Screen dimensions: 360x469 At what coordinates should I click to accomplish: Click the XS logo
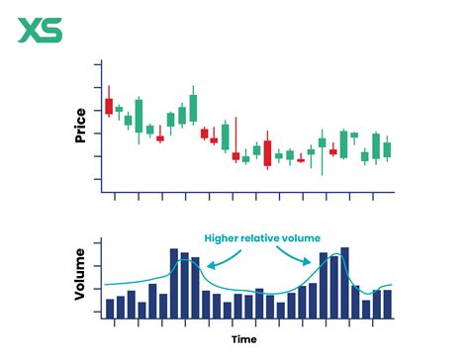click(x=39, y=31)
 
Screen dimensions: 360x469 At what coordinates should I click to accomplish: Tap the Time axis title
click(x=247, y=339)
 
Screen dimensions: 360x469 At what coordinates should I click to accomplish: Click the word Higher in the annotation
click(x=223, y=238)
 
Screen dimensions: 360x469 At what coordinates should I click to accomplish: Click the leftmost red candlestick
click(x=109, y=105)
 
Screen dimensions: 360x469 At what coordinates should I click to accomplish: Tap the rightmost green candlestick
click(x=386, y=149)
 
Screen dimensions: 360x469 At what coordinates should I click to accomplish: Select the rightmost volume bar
click(x=386, y=304)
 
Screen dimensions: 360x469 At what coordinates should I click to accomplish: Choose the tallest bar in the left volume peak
click(x=174, y=283)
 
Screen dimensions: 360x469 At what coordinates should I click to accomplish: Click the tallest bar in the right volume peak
click(x=343, y=282)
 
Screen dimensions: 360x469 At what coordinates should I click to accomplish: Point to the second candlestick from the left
click(x=119, y=109)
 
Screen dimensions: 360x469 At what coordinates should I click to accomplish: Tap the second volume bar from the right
click(x=376, y=305)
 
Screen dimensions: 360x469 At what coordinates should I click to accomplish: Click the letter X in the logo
click(x=29, y=31)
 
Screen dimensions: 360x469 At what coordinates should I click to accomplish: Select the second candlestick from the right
click(x=376, y=144)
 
